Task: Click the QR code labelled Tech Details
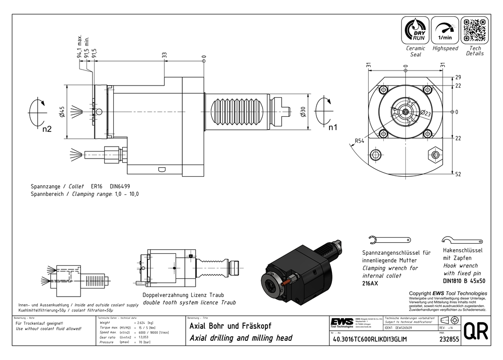(475, 31)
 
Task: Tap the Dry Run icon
(415, 31)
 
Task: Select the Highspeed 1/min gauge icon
(445, 31)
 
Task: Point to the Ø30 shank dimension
(302, 111)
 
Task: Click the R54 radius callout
(360, 141)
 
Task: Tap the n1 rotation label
(333, 127)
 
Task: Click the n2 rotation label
(47, 129)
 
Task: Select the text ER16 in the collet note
(97, 186)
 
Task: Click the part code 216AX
(371, 284)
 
